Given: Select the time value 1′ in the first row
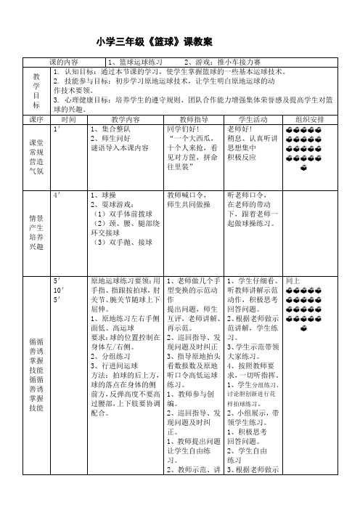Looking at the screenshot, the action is [x=57, y=128].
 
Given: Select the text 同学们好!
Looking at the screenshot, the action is [x=182, y=128].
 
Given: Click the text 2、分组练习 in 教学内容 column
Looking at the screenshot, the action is [x=109, y=336].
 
